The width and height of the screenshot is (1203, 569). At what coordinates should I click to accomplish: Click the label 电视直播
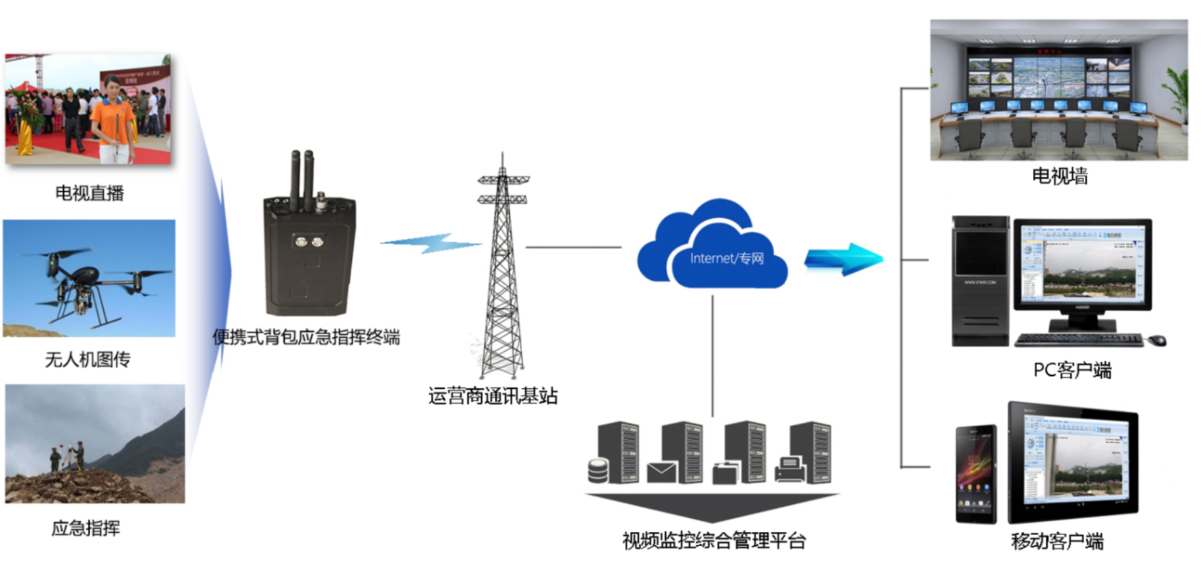tap(89, 194)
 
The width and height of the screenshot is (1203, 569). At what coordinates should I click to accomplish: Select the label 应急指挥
tap(86, 528)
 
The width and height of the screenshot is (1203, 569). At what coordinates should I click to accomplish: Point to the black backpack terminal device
tap(309, 252)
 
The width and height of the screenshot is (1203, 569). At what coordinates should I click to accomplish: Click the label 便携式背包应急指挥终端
tap(306, 337)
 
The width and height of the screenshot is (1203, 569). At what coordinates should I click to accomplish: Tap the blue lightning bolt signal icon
tap(431, 243)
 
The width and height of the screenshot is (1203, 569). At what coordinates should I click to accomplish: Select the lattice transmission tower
tap(503, 273)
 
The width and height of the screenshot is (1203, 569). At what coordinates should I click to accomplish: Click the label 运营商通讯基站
tap(493, 396)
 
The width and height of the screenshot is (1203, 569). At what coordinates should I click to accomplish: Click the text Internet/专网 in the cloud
tap(727, 258)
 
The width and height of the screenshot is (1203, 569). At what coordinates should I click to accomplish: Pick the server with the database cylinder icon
tap(614, 453)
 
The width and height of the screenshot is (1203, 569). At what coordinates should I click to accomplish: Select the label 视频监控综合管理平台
tap(714, 541)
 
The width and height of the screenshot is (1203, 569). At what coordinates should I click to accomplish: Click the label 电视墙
tap(1059, 176)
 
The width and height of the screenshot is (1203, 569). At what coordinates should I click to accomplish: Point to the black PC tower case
tap(980, 281)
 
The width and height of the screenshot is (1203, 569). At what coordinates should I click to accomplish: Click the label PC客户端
tap(1072, 370)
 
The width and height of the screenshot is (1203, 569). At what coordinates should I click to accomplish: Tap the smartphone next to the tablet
tap(975, 474)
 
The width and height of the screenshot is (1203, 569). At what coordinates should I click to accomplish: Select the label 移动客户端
tap(1057, 542)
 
